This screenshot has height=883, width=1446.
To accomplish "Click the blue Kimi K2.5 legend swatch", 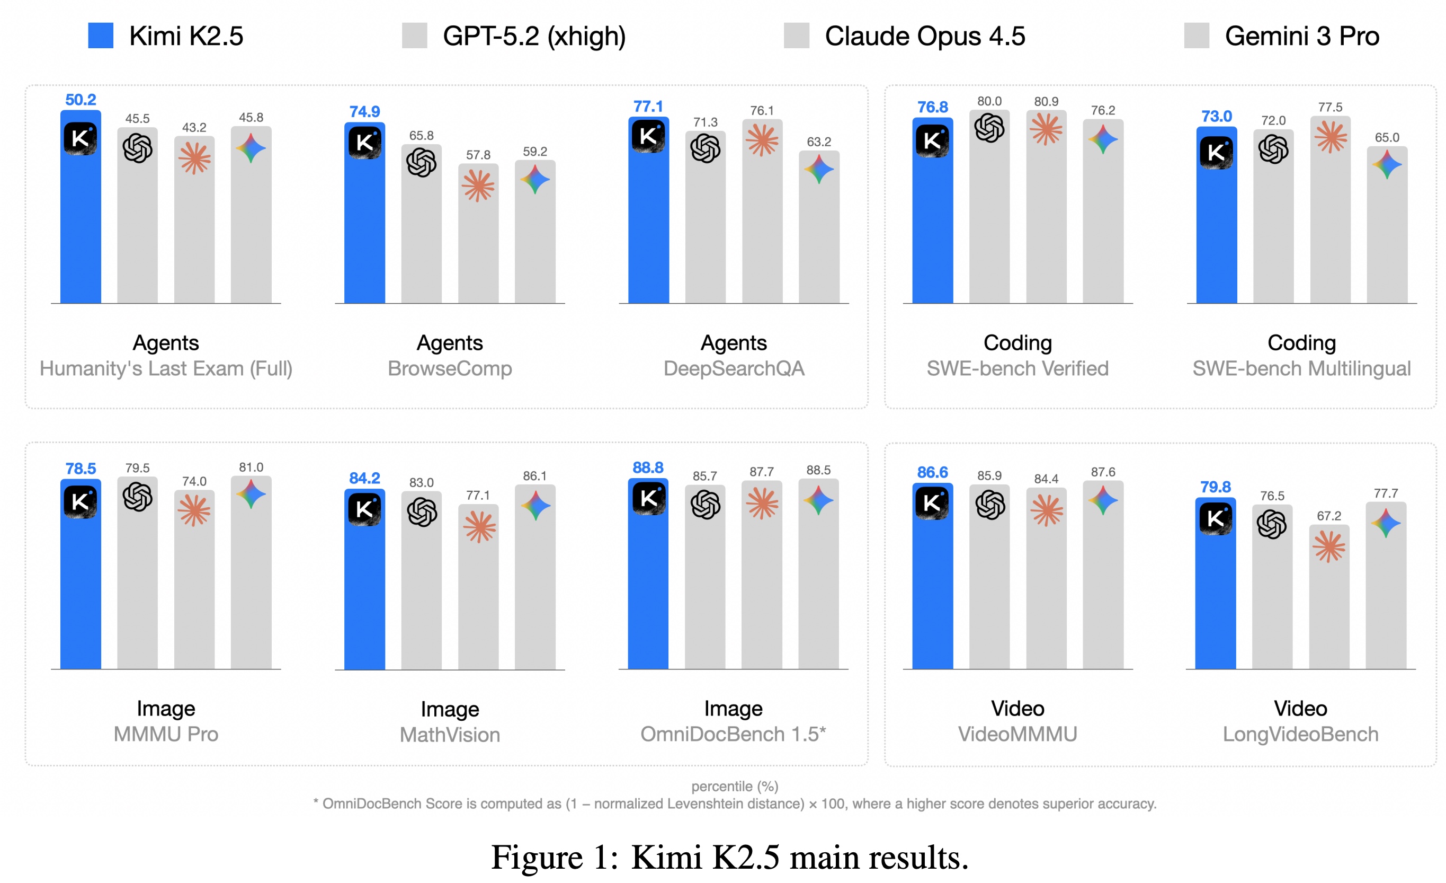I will [100, 36].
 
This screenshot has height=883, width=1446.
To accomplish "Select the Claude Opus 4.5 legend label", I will [925, 37].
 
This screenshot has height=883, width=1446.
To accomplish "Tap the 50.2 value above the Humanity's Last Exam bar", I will [81, 100].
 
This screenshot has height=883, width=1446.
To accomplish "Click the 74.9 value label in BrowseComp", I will [364, 111].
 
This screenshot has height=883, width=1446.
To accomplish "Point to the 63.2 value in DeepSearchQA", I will [819, 142].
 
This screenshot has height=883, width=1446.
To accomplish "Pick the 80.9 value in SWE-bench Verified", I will [1046, 102].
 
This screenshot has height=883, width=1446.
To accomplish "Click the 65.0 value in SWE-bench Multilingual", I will [1387, 137].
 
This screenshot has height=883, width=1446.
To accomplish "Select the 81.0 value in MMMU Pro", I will [251, 467].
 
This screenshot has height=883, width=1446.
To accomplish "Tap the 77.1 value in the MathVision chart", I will [478, 496].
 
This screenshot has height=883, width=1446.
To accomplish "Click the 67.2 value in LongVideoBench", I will [1328, 516].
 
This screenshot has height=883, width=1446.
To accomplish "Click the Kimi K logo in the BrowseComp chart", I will [364, 142].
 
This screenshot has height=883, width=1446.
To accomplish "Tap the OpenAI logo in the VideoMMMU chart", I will [990, 505].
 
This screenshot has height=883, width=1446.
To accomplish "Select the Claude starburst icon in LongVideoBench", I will [1328, 546].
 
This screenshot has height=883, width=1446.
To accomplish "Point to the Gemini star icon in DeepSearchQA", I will [819, 170].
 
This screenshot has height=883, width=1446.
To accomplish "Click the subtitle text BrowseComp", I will [450, 369].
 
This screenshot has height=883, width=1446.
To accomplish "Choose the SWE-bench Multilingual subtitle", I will [1301, 369].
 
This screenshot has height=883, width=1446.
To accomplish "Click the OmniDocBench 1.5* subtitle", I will [733, 735].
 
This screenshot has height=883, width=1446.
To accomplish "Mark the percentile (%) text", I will [734, 786].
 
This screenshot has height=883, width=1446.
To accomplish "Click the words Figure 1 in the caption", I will [554, 858].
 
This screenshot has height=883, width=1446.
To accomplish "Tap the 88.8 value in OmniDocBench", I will [648, 468].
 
